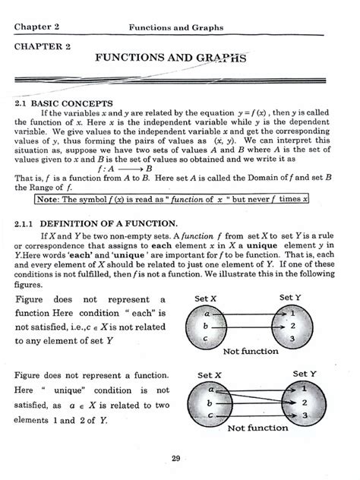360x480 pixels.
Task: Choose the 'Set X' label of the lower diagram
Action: tap(210, 375)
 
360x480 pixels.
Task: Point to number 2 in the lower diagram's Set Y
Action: tap(305, 403)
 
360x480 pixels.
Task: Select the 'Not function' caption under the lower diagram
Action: tap(257, 428)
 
